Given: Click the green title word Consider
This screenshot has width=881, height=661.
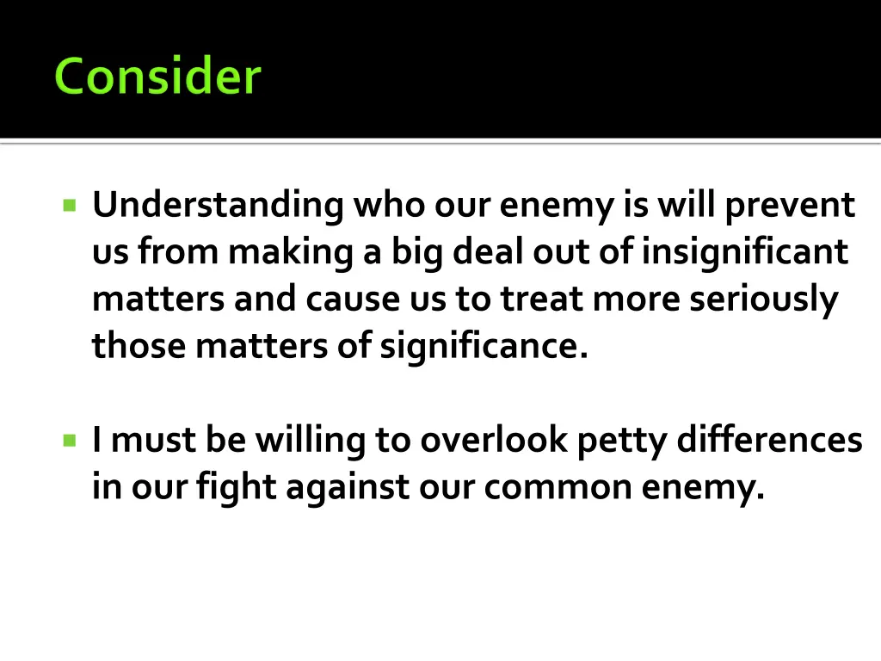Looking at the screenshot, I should click(157, 76).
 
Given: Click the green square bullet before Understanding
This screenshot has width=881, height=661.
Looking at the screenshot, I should click(70, 206).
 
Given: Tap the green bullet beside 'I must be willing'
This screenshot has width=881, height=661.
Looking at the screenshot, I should click(70, 440).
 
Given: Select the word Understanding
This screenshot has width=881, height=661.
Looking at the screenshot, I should click(218, 207).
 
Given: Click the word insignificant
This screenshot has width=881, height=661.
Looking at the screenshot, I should click(745, 252).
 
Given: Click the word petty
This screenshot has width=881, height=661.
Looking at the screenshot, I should click(622, 442).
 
